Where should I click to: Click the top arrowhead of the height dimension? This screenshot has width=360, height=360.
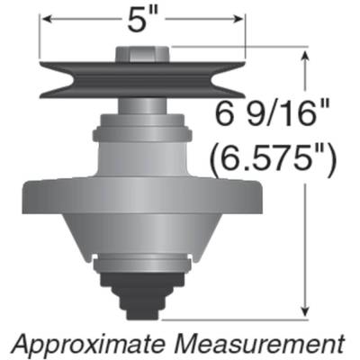(310, 57)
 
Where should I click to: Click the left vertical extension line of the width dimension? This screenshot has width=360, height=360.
(39, 40)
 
